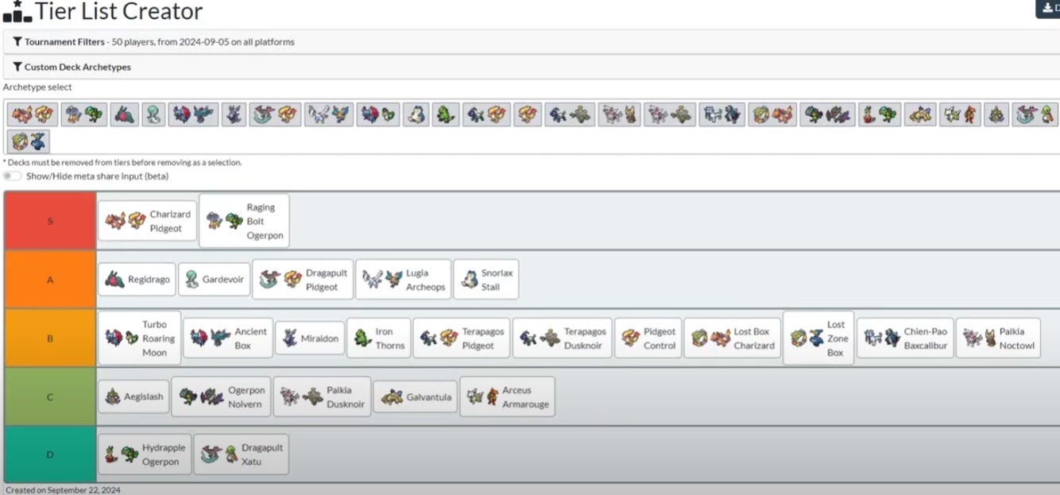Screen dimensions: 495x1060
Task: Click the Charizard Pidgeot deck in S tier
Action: [x=147, y=221]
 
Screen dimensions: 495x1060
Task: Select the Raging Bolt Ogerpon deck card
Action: [x=244, y=221]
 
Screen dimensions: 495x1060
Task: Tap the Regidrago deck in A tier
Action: [x=137, y=280]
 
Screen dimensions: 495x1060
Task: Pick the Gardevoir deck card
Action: [x=215, y=280]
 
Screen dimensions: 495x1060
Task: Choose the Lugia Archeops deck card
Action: [x=404, y=280]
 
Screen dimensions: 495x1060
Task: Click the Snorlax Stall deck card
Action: [x=486, y=280]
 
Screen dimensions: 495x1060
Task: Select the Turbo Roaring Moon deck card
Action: [x=139, y=338]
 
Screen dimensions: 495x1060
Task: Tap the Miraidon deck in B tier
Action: [x=310, y=338]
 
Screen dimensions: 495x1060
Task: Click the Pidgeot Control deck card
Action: [x=648, y=338]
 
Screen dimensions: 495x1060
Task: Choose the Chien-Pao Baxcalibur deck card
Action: [x=904, y=338]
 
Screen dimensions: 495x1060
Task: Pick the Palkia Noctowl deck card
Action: [x=997, y=338]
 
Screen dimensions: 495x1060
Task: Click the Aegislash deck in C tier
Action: [x=133, y=396]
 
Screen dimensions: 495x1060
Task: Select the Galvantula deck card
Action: [x=415, y=396]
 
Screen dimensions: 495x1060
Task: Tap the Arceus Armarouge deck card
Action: [x=507, y=396]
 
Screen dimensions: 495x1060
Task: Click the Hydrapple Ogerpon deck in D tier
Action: [x=144, y=454]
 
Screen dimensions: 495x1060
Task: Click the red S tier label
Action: [x=50, y=221]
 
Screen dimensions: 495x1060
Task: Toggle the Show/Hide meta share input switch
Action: [x=12, y=176]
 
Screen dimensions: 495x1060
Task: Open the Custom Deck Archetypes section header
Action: [x=77, y=68]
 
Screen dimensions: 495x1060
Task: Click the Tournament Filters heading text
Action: [x=64, y=41]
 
